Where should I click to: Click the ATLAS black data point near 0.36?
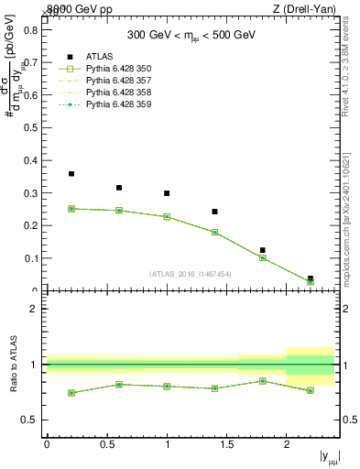click(71, 174)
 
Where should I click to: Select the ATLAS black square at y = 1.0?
click(167, 193)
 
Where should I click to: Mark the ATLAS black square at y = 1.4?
click(214, 212)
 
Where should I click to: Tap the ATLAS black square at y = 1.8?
click(262, 250)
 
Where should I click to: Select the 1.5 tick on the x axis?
click(226, 444)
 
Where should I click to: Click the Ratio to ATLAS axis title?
click(14, 365)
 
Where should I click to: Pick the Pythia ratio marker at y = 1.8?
click(262, 381)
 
